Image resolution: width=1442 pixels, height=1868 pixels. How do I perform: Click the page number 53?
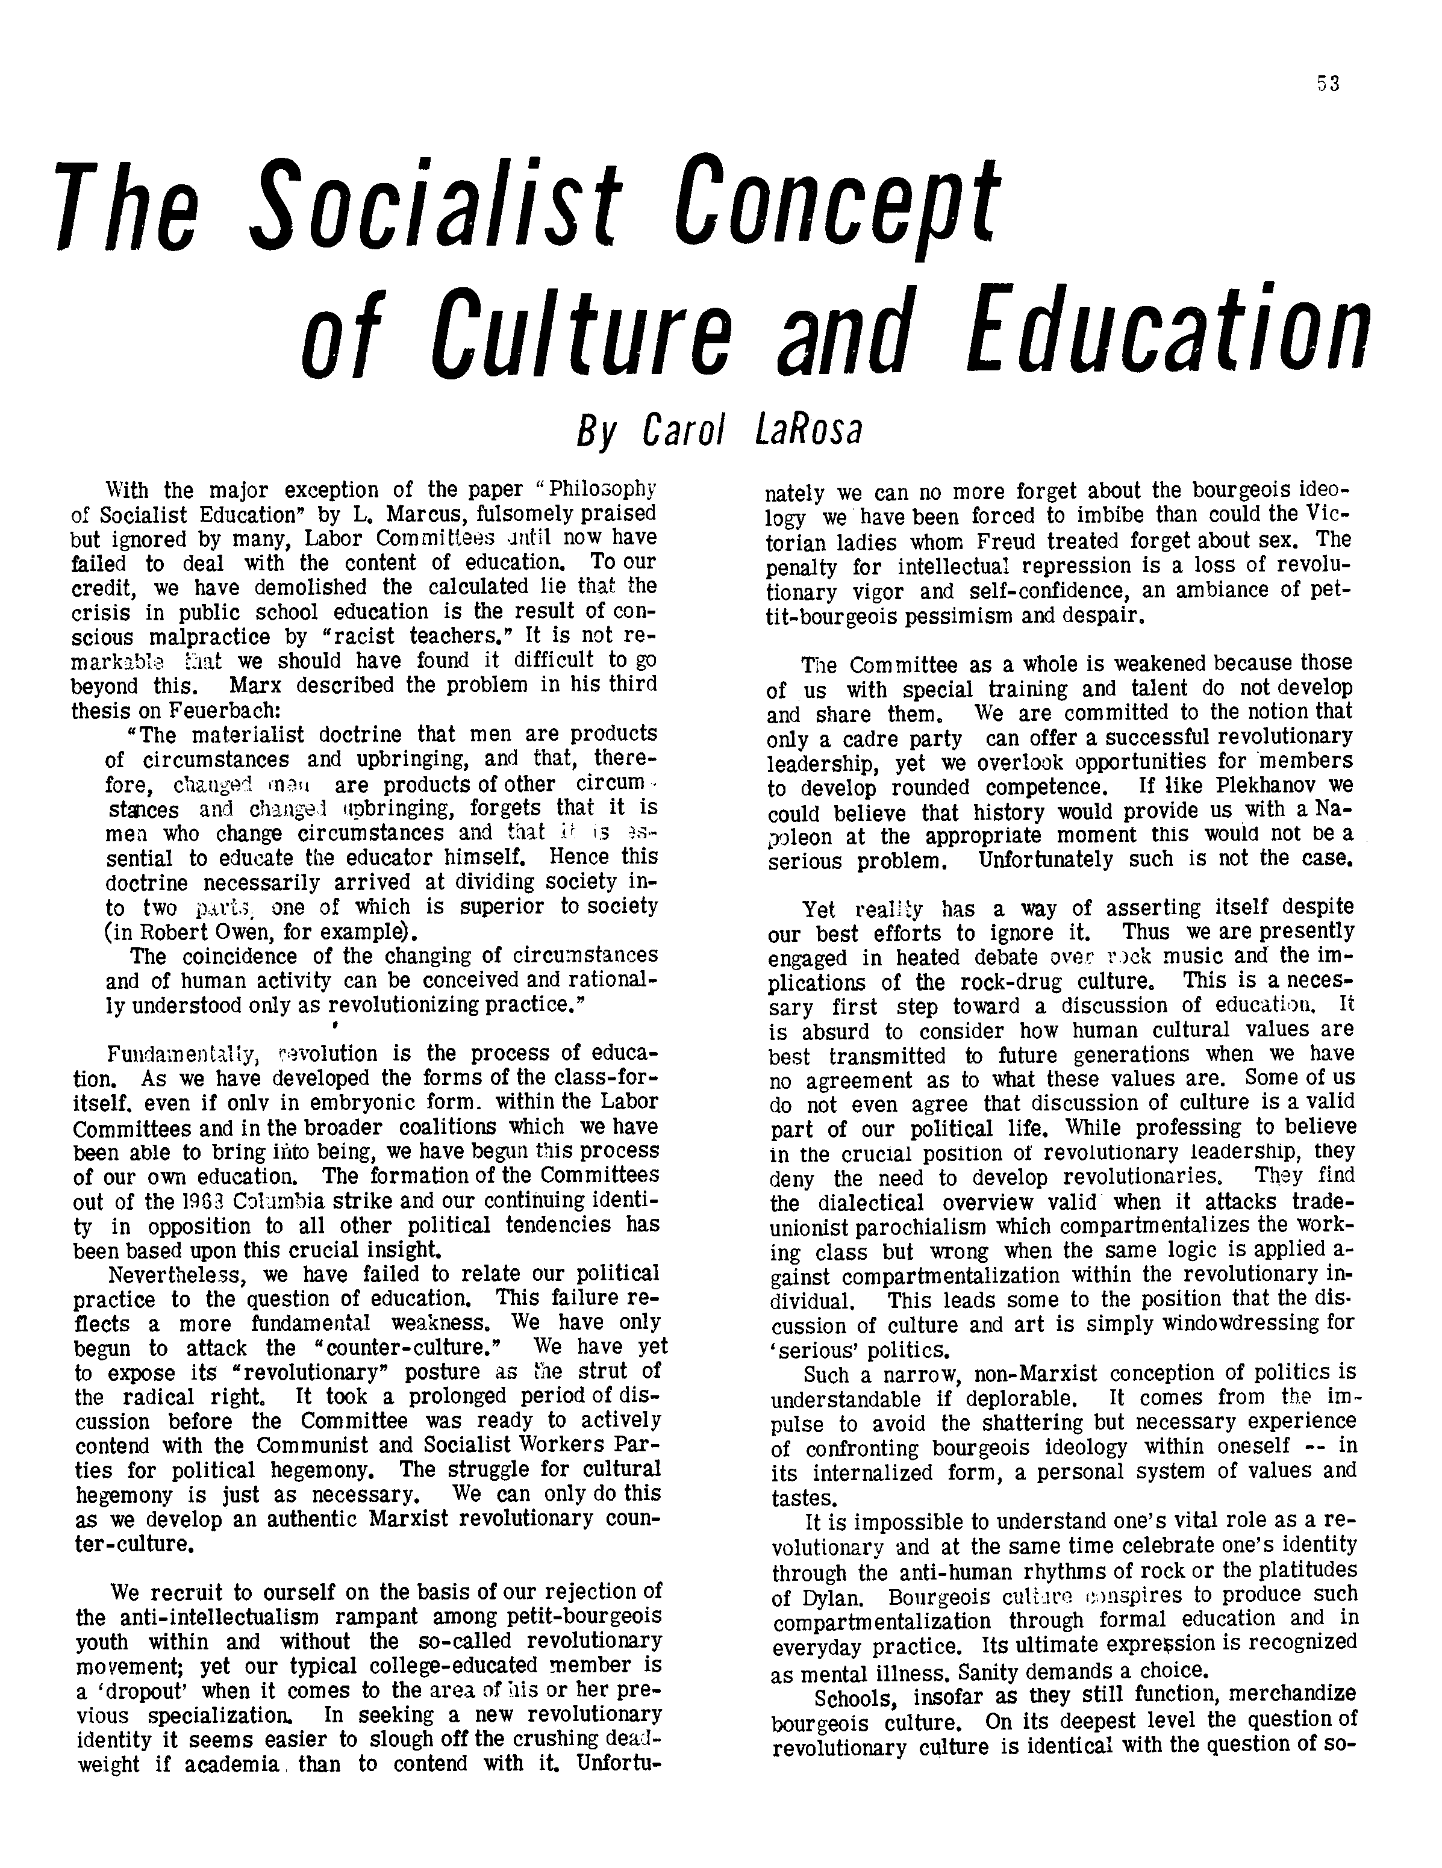[x=1328, y=84]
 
